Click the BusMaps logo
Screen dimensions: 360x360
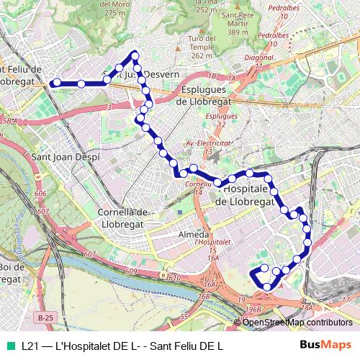coord(326,345)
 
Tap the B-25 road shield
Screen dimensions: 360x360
coord(45,317)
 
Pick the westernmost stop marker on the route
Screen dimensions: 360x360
coord(53,84)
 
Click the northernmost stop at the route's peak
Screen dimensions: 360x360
coord(135,55)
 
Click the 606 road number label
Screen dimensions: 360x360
coord(40,194)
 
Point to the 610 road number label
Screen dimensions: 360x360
coord(175,276)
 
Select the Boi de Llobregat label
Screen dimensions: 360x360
coord(14,271)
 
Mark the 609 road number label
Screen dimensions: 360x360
coord(130,271)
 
